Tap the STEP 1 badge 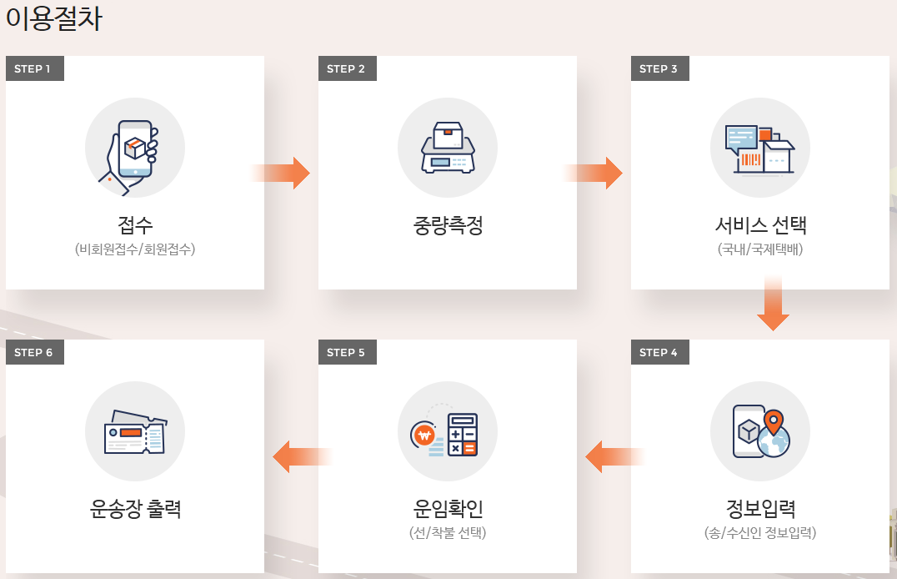click(33, 68)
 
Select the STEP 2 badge click(346, 68)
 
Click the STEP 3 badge click(659, 68)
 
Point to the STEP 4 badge click(659, 352)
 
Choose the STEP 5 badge click(346, 352)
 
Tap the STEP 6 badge click(33, 352)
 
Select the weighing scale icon click(447, 148)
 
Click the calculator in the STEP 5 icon click(463, 434)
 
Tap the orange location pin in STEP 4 click(774, 421)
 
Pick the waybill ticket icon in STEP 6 click(135, 432)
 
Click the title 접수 click(135, 225)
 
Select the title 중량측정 click(448, 225)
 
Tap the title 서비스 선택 click(760, 225)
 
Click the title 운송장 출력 click(135, 509)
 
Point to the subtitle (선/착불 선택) click(448, 533)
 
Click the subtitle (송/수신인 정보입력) click(760, 533)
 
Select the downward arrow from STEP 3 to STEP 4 click(773, 304)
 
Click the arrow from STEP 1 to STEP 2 click(282, 173)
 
